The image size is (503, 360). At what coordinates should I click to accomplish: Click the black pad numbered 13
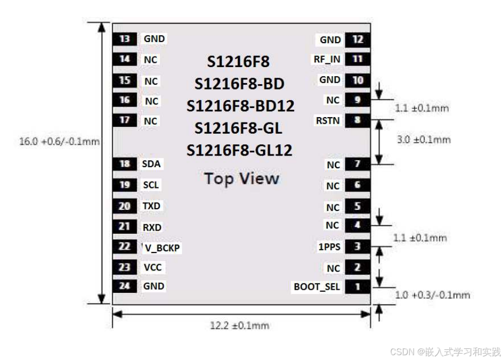point(125,39)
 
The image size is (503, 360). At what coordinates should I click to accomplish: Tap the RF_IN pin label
point(327,59)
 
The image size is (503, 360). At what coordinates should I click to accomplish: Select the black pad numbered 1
point(357,287)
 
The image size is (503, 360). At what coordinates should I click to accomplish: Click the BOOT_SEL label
point(317,287)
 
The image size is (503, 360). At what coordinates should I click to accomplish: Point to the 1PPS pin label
point(329,247)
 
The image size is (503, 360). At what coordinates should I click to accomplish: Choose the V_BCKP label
point(162,248)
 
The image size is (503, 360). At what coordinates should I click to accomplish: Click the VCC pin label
point(153,267)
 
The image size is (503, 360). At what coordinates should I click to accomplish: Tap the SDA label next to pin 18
point(151,164)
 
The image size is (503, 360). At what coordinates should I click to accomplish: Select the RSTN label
point(327,120)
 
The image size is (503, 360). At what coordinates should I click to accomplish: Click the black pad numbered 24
point(125,286)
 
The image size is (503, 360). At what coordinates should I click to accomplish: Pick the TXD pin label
point(152,206)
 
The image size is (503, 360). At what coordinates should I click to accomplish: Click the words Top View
point(242,178)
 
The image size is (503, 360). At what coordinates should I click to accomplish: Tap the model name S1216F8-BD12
point(240,106)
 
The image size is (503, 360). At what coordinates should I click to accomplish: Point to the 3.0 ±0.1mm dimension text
point(424,140)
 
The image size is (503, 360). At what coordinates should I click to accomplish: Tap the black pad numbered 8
point(357,120)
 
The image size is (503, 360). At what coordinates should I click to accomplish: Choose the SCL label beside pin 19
point(151,185)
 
